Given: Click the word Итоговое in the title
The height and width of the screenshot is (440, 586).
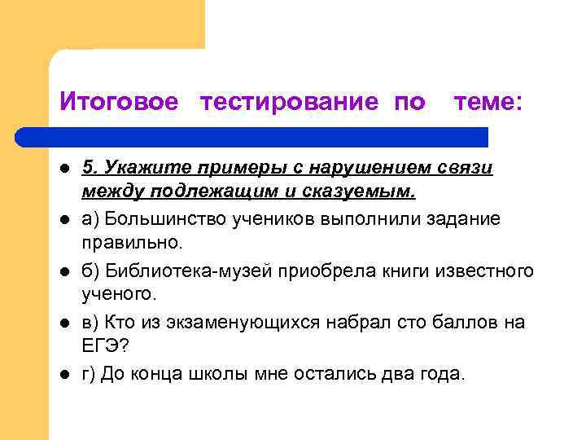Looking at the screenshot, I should (119, 103).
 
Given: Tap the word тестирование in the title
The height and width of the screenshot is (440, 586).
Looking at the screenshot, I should (289, 103).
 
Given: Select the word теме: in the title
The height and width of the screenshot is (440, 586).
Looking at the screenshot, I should (488, 103).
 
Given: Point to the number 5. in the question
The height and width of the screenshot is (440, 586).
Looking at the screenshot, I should (90, 167).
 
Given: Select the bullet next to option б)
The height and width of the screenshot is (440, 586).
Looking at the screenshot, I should (64, 271).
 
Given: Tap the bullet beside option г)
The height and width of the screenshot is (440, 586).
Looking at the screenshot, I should (64, 373).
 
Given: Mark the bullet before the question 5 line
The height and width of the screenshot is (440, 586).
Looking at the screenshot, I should (64, 168).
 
